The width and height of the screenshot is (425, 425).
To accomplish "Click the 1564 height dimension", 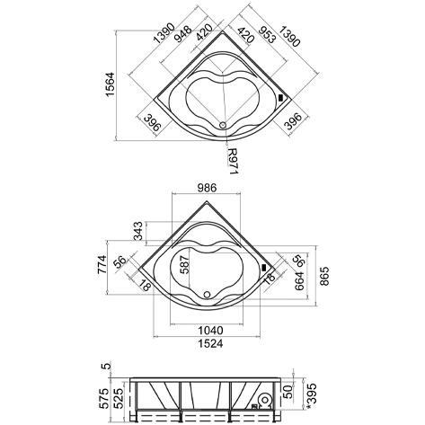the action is tap(110, 84).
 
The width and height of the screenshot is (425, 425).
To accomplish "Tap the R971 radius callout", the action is tap(232, 161).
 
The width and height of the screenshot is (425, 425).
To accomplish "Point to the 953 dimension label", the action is tap(267, 34).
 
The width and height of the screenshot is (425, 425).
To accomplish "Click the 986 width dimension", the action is tap(207, 188).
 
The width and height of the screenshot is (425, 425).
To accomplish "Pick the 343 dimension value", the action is tap(138, 231).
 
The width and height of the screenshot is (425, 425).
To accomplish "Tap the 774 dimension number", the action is tap(102, 264).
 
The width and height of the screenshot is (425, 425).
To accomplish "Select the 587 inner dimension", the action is tap(184, 264).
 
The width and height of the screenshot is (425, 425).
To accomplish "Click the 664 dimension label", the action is tap(299, 281).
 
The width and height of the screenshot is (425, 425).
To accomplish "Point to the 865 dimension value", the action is tap(324, 276).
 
